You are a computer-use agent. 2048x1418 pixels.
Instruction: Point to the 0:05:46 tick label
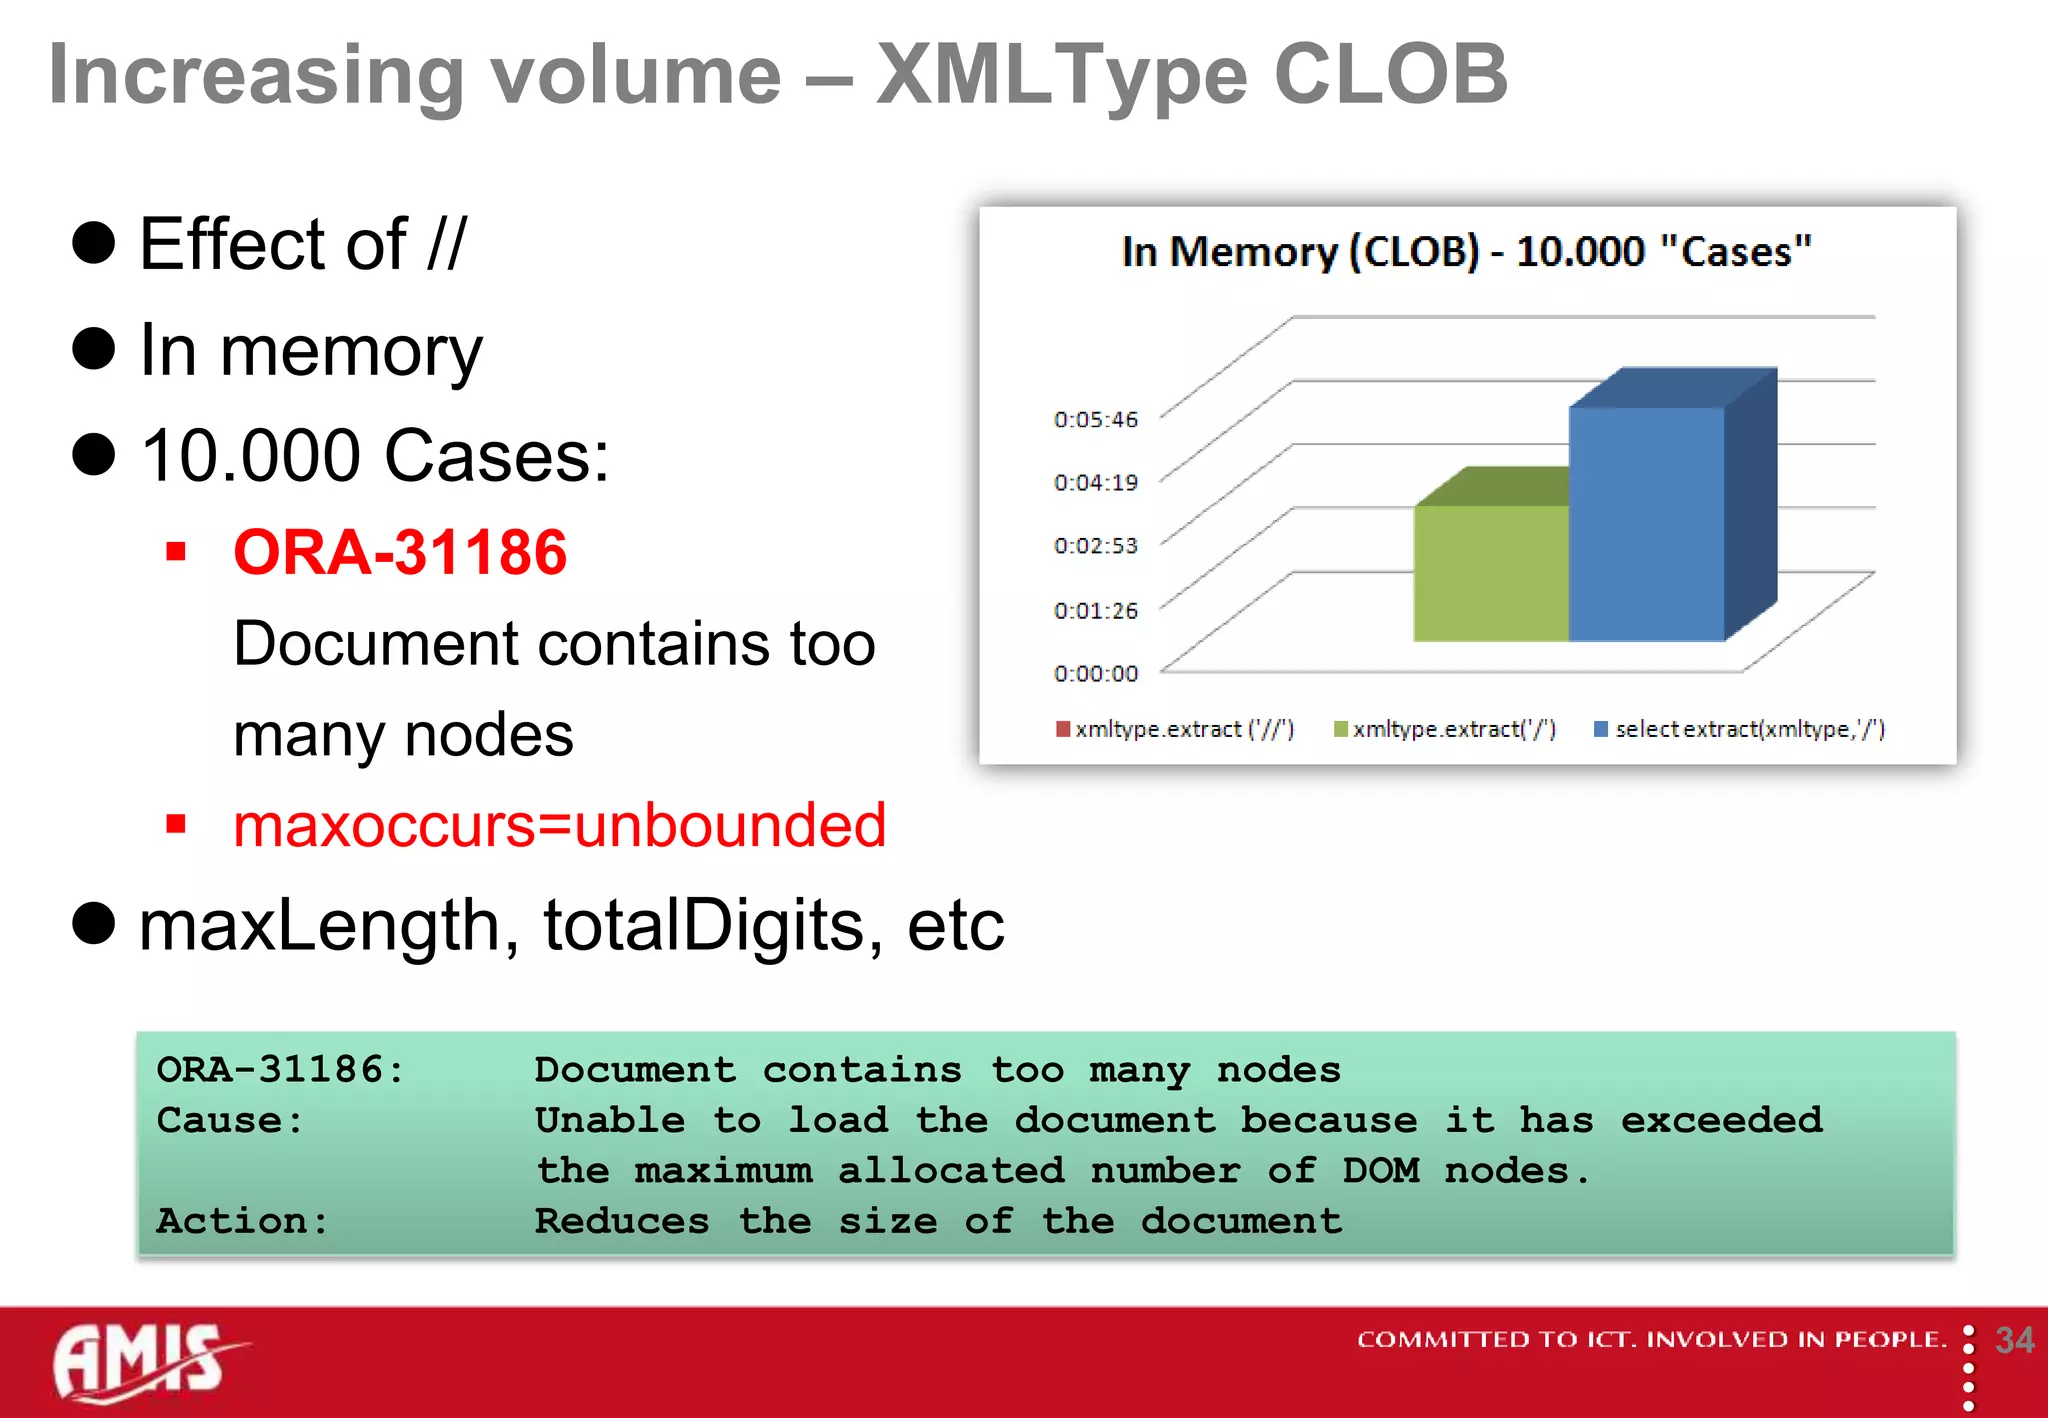1096,420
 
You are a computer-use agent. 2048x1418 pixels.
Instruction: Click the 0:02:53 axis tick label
1096,546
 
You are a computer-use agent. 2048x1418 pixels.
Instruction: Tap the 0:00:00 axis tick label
1096,674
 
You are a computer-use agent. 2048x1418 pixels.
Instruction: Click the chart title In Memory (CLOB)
1466,252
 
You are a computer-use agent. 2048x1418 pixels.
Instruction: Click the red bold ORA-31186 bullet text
400,552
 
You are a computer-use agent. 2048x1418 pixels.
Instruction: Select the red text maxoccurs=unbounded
559,826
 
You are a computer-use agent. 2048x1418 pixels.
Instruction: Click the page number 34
2014,1340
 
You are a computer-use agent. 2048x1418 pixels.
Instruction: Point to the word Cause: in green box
230,1120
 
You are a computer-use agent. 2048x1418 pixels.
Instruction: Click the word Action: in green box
242,1221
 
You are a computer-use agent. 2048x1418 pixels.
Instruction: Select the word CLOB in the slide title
1390,74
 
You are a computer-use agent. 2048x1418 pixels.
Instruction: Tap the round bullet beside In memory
94,349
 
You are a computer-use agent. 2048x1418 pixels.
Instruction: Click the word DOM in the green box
1380,1171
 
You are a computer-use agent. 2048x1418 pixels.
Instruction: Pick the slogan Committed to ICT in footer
1650,1339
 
